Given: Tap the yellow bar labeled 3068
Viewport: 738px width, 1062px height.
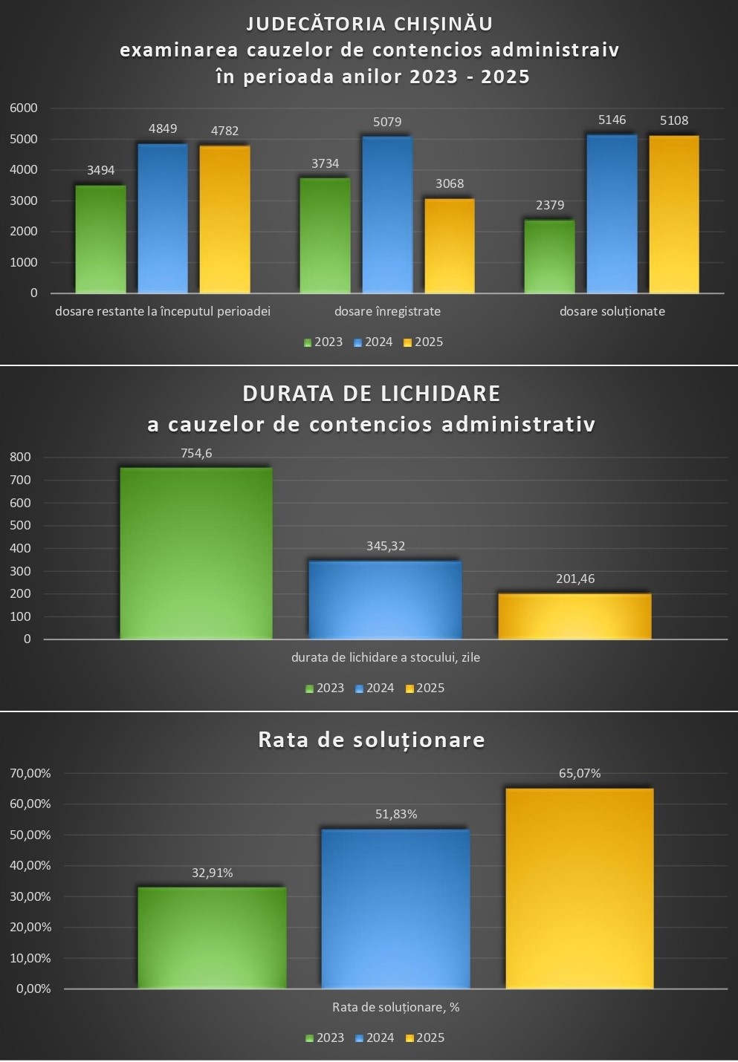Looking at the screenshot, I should click(449, 246).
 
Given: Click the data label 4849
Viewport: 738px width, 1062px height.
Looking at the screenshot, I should click(163, 128).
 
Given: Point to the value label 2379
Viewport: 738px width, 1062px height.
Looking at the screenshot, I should click(550, 205).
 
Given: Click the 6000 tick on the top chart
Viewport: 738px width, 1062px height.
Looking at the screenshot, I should click(23, 108).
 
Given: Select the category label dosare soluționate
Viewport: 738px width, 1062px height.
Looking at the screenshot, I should click(612, 311).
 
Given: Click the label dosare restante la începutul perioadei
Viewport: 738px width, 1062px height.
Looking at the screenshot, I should click(163, 311).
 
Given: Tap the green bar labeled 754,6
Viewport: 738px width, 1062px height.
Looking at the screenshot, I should click(196, 553).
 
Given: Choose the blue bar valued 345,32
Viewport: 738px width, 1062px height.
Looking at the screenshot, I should click(385, 599).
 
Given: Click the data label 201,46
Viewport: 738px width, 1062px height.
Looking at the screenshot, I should click(575, 579).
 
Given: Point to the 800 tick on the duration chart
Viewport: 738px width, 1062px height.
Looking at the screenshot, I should click(21, 457).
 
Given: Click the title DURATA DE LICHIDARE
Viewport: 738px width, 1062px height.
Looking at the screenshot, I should click(372, 393).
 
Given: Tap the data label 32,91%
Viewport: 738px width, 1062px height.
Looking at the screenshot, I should click(213, 873).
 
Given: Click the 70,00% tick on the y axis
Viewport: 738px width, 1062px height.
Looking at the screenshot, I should click(30, 773).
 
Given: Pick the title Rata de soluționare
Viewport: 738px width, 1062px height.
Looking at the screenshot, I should click(372, 740).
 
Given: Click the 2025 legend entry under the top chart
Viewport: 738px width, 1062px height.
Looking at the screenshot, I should click(423, 342).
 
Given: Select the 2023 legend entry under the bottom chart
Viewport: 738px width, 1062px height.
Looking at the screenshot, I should click(325, 1038).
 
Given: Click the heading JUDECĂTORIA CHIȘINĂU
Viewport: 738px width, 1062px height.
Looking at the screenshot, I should click(369, 24).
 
